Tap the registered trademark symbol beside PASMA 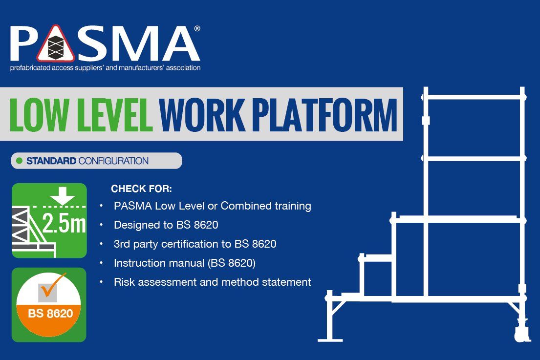[197, 28]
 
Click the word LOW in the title [39, 115]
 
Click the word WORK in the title [202, 115]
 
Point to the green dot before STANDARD [19, 161]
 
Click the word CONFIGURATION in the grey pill [113, 161]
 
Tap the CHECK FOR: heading [141, 189]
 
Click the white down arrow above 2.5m [63, 195]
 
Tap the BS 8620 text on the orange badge [50, 314]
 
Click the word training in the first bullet [293, 206]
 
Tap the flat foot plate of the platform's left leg [330, 340]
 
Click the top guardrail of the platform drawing [474, 97]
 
